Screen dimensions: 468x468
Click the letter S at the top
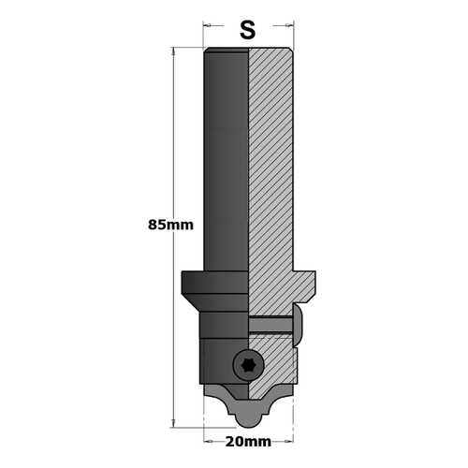point(248,30)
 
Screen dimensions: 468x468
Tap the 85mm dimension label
point(170,225)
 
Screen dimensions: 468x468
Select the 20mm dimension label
point(248,442)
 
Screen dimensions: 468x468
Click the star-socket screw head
point(249,365)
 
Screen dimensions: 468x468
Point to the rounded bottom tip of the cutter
point(249,422)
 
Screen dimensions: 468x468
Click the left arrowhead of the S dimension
point(207,25)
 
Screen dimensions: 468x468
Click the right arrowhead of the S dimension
point(290,25)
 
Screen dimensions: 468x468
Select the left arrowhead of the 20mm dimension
point(208,442)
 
